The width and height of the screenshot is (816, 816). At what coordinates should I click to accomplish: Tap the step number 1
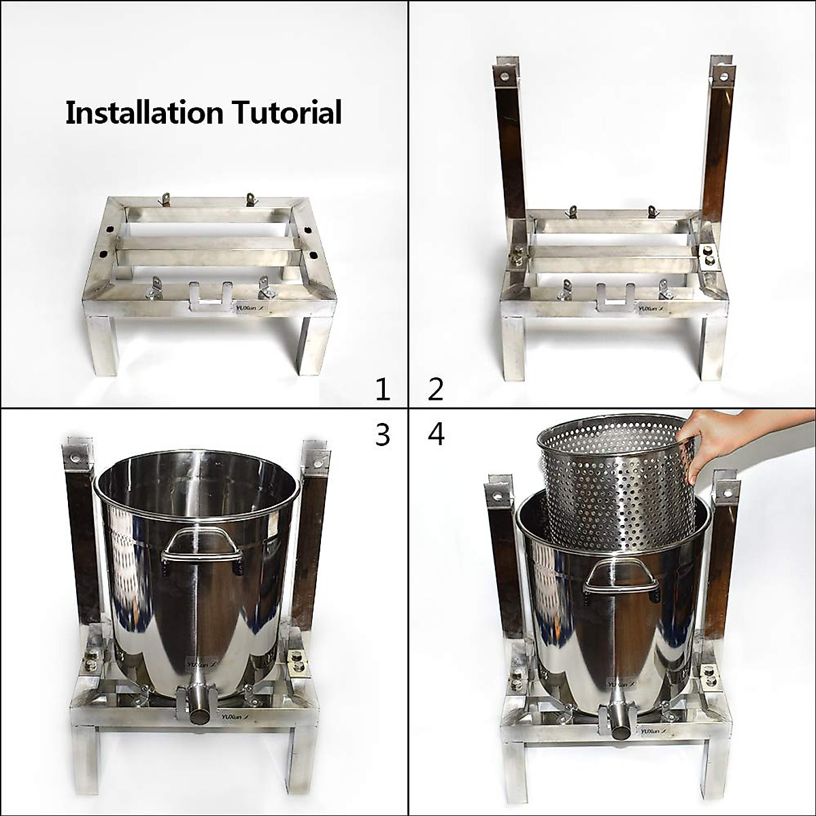coord(383,390)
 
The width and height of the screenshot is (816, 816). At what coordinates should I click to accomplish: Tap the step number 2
coord(436,390)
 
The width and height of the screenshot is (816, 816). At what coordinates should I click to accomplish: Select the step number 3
coord(383,435)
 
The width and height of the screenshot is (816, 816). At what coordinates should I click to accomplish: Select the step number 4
coord(436,435)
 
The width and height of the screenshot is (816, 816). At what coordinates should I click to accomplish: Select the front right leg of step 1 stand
coord(315,347)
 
